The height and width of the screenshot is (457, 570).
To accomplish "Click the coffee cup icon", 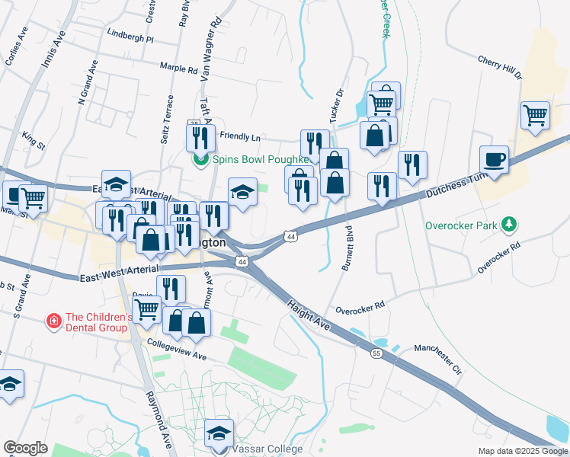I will point(494,160).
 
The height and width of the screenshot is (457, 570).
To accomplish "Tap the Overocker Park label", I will point(460,225).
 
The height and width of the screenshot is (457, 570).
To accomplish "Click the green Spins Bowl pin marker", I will point(200,159).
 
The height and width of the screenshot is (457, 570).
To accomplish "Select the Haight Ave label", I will point(309,314).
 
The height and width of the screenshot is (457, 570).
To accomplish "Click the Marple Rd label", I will point(179,68).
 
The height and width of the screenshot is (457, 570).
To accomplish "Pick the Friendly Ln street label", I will point(240,136).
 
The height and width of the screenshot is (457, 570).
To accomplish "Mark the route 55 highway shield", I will point(376,353).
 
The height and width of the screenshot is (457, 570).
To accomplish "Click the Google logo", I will point(25,448).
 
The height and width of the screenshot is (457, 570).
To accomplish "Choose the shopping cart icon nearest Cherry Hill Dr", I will point(536,115).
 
